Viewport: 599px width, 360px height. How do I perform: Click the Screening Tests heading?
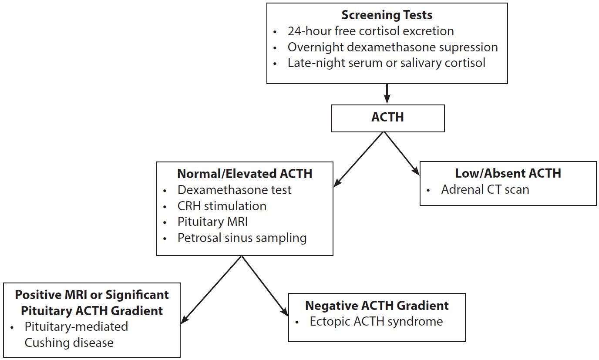[x=387, y=15]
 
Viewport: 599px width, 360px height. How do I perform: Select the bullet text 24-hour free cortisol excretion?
[x=370, y=31]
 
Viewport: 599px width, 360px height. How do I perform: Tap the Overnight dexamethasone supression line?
[x=392, y=47]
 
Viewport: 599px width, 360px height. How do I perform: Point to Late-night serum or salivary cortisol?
[x=386, y=63]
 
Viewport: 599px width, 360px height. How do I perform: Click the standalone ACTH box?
[x=387, y=118]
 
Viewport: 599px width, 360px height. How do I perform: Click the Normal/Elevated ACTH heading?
[x=245, y=174]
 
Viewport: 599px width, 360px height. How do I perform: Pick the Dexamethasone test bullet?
[x=234, y=190]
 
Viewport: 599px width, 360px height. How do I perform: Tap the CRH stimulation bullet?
[x=222, y=205]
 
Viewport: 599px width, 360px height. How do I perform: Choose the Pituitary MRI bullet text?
[x=212, y=222]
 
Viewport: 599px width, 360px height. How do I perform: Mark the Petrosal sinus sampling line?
[x=242, y=238]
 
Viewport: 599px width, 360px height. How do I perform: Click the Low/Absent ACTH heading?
[x=508, y=173]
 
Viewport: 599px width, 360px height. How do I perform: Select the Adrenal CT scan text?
[x=485, y=189]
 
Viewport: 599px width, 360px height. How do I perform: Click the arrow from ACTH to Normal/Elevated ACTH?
[x=360, y=159]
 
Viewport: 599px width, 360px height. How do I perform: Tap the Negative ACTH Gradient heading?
[x=377, y=306]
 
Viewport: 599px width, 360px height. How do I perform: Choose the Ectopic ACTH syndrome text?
[x=376, y=322]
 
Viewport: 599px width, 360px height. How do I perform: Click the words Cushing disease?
[x=69, y=343]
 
